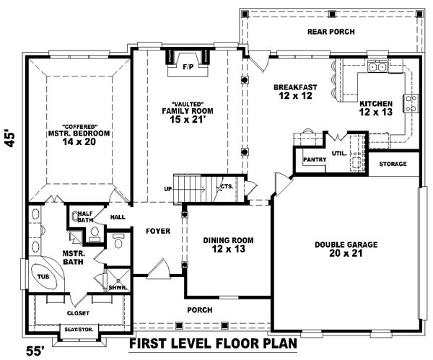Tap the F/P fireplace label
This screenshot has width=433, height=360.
pyautogui.click(x=188, y=67)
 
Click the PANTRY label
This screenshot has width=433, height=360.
pyautogui.click(x=315, y=159)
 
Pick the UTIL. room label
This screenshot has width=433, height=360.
pyautogui.click(x=338, y=154)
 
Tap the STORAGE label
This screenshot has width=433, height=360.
pyautogui.click(x=393, y=164)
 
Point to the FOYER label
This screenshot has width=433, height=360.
pyautogui.click(x=157, y=232)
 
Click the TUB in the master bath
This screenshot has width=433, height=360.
pyautogui.click(x=43, y=276)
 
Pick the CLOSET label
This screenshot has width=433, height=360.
pyautogui.click(x=78, y=313)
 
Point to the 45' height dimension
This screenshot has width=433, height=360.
pyautogui.click(x=11, y=138)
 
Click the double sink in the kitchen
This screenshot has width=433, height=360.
pyautogui.click(x=376, y=68)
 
